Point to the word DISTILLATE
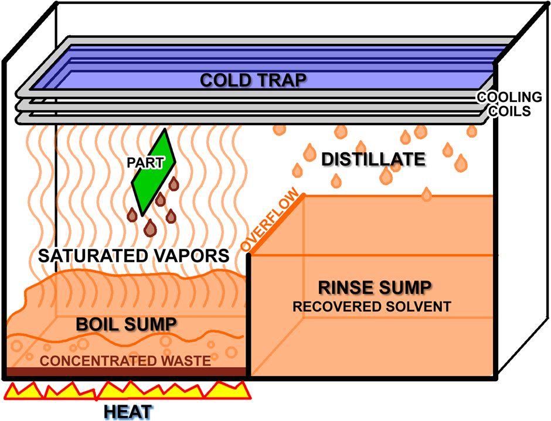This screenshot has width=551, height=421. click(373, 159)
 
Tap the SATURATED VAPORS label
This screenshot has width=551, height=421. click(133, 256)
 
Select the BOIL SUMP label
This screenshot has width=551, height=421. click(126, 324)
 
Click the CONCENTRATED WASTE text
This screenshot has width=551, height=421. click(125, 361)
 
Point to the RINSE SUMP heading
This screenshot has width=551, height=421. click(375, 287)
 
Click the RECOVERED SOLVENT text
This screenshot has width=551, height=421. click(372, 307)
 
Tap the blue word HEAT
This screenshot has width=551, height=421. click(128, 412)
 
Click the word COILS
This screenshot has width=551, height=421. click(511, 110)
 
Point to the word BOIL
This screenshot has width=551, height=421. click(97, 324)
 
